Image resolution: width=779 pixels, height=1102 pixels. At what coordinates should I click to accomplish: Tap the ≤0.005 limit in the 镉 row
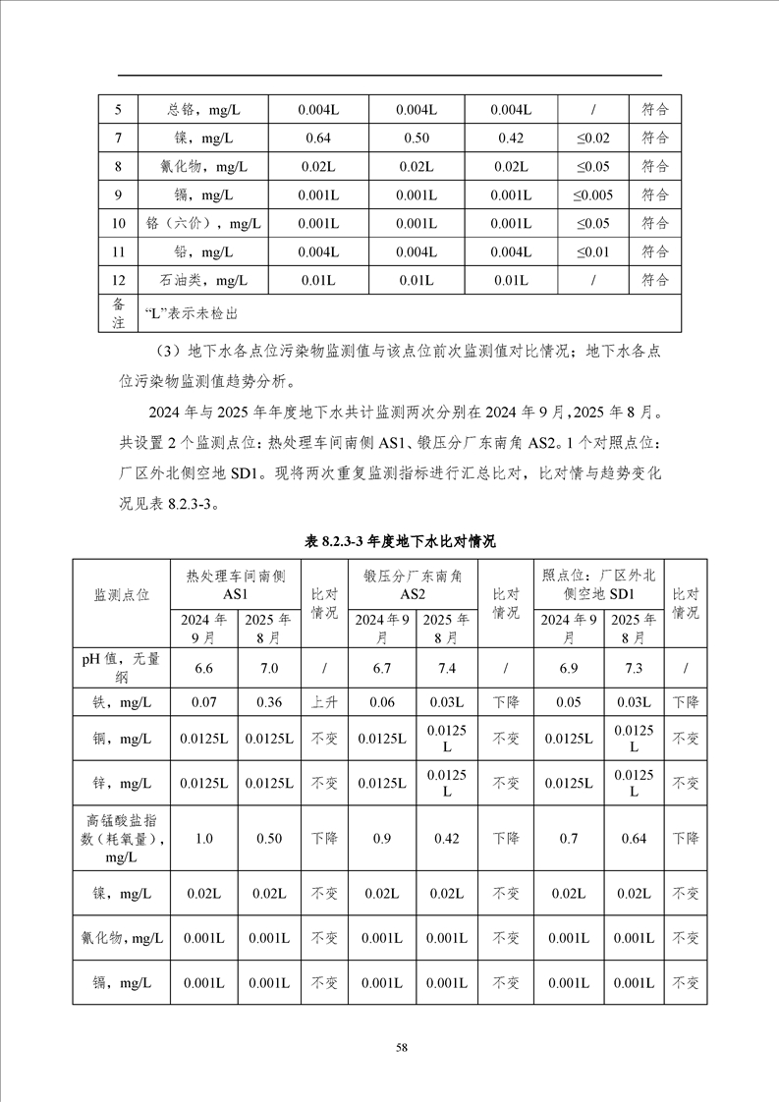pyautogui.click(x=592, y=194)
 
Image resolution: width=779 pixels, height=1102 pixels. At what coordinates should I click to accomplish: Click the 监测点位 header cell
pyautogui.click(x=122, y=595)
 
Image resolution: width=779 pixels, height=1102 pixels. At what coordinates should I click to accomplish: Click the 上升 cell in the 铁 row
pyautogui.click(x=324, y=702)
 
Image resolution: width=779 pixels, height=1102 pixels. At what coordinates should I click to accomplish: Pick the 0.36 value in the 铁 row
pyautogui.click(x=268, y=702)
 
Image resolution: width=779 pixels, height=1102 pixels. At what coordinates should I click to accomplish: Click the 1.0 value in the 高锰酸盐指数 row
pyautogui.click(x=204, y=838)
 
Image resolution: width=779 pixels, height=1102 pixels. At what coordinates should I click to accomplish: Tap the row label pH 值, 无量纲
pyautogui.click(x=122, y=668)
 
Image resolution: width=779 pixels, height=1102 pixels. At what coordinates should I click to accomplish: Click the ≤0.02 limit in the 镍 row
pyautogui.click(x=592, y=138)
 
